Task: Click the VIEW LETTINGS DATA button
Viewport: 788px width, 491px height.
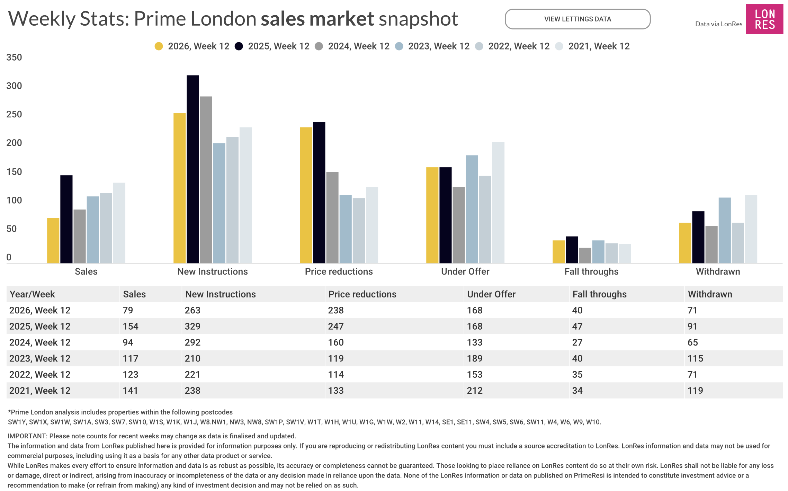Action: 577,19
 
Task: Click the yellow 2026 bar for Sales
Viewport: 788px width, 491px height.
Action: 53,241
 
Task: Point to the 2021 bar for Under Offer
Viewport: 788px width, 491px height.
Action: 498,203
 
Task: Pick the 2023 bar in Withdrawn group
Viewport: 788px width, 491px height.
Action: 724,230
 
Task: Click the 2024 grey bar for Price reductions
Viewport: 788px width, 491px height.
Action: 332,217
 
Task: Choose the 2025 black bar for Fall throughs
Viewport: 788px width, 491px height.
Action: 572,250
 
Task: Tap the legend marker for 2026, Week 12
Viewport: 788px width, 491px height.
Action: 159,46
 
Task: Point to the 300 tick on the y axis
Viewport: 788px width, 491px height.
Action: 14,86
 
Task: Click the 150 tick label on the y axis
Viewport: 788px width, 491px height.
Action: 14,172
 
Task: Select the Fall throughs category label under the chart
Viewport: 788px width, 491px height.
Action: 591,271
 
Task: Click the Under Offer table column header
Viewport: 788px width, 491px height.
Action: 491,294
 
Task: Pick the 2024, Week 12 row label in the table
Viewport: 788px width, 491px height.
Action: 40,342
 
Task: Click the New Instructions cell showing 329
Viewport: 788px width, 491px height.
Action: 192,326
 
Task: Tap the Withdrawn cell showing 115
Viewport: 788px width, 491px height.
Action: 695,358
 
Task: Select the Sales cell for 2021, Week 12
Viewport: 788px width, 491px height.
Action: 130,391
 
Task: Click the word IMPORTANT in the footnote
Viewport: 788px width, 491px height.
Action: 27,436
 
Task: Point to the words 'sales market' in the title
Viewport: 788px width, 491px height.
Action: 317,19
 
